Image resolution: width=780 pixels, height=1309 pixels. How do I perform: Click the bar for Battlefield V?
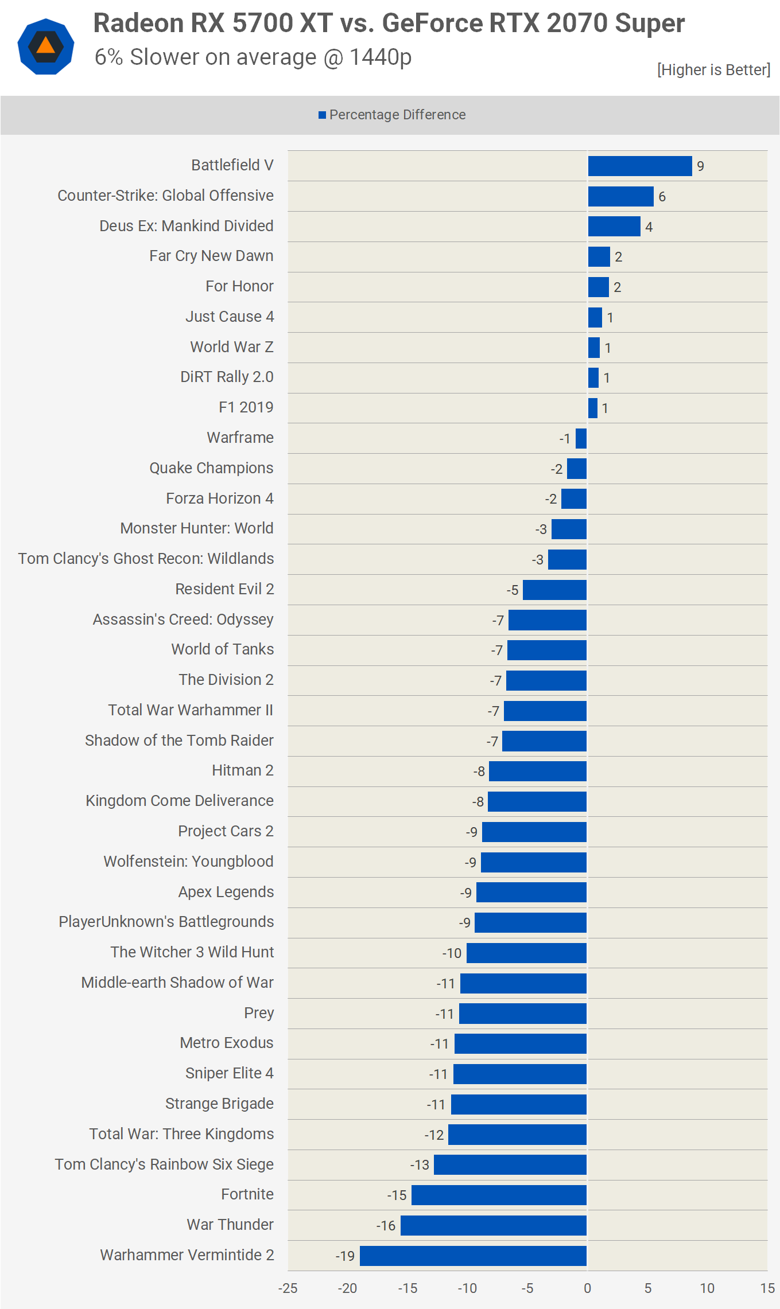pyautogui.click(x=639, y=166)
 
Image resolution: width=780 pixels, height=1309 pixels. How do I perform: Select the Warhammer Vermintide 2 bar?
pyautogui.click(x=473, y=1256)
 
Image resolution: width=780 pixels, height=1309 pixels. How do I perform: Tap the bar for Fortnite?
pyautogui.click(x=499, y=1195)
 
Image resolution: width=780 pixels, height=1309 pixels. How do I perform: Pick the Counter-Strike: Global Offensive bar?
pyautogui.click(x=620, y=196)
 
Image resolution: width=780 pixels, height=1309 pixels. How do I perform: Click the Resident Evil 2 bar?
pyautogui.click(x=554, y=590)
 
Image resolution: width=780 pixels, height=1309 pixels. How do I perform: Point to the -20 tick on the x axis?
pyautogui.click(x=347, y=1288)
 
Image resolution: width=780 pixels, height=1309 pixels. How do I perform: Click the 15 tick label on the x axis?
pyautogui.click(x=767, y=1288)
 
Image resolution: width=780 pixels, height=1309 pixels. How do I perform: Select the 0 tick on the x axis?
pyautogui.click(x=587, y=1288)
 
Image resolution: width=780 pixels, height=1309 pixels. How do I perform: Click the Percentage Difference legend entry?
pyautogui.click(x=392, y=115)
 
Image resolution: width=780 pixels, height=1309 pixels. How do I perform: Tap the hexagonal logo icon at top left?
pyautogui.click(x=46, y=46)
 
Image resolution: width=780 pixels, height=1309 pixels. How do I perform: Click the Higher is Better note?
pyautogui.click(x=713, y=70)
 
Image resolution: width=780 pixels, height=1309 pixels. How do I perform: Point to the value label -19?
pyautogui.click(x=345, y=1256)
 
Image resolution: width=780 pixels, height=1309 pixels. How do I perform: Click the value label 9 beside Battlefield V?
pyautogui.click(x=700, y=166)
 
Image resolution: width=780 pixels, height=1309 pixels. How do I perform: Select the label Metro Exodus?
pyautogui.click(x=226, y=1043)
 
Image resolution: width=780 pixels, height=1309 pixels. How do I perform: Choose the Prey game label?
pyautogui.click(x=258, y=1012)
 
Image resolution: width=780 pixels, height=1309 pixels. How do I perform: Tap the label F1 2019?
pyautogui.click(x=246, y=407)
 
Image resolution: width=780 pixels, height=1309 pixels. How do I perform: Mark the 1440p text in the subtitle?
pyautogui.click(x=380, y=57)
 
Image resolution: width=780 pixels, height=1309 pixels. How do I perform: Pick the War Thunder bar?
pyautogui.click(x=493, y=1225)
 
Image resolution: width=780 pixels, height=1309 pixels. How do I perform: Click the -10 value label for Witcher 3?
pyautogui.click(x=452, y=953)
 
